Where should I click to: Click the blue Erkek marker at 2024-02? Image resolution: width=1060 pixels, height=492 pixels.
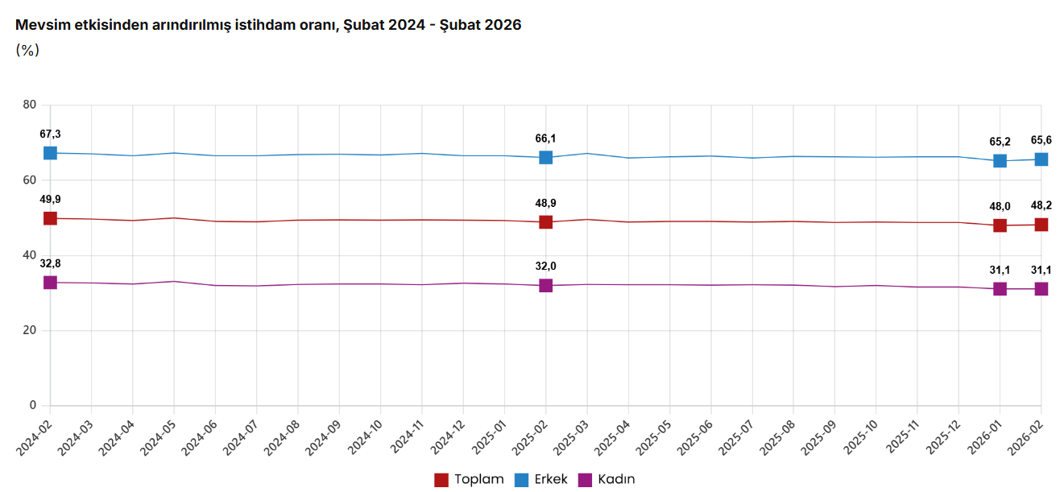coord(50,153)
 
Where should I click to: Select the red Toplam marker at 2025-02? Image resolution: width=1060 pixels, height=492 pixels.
coord(545,222)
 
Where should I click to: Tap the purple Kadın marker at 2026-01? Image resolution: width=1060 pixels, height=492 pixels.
coord(1000,289)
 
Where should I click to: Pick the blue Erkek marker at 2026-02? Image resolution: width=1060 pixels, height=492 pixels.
coord(1041,159)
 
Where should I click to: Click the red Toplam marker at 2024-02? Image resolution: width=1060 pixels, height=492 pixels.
coord(50,218)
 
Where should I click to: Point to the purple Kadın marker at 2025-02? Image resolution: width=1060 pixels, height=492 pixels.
coord(545,285)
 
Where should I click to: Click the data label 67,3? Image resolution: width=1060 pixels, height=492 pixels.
coord(50,134)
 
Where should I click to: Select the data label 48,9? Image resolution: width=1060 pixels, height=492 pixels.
coord(545,203)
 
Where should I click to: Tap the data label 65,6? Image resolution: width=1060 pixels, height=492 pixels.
coord(1041,140)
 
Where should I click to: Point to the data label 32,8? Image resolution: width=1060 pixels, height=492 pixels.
coord(50,263)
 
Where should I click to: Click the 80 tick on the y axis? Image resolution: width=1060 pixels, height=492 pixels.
coord(30,105)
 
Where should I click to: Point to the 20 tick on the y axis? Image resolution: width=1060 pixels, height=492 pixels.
coord(30,330)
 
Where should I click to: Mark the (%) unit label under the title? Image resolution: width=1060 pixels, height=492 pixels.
coord(27,50)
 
